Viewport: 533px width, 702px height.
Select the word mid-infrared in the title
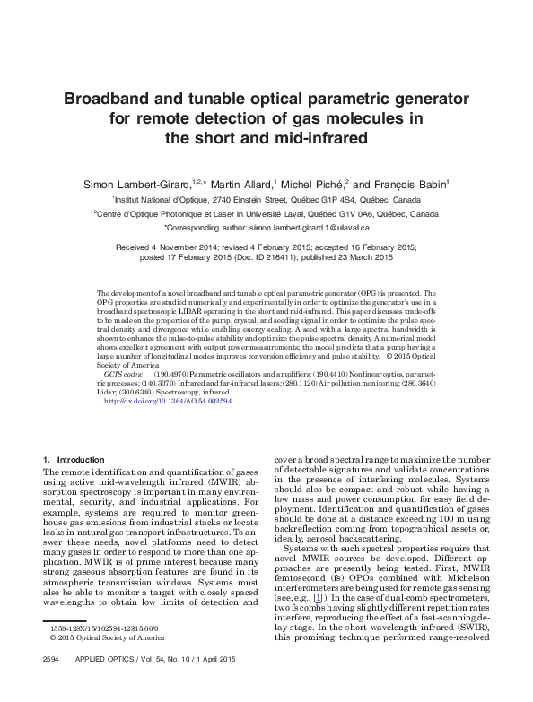coord(318,138)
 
